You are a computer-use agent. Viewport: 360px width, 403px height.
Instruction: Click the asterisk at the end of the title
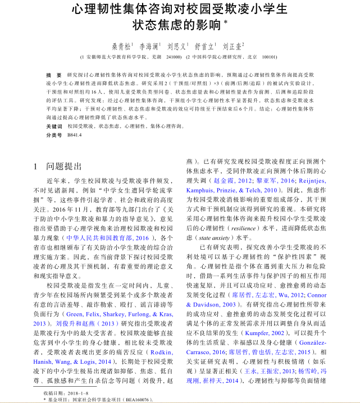pos(226,23)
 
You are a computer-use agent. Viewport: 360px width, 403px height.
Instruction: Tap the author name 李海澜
pos(149,47)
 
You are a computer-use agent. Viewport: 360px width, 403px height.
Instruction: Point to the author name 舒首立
pos(204,47)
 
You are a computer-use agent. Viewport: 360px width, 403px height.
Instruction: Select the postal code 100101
pos(270,57)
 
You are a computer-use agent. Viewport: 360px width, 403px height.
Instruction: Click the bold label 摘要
pos(53,74)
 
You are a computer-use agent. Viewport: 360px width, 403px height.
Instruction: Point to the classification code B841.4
pos(75,135)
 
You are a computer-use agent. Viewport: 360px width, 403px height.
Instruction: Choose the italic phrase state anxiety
pos(216,237)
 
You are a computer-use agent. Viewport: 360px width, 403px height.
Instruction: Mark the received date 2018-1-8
pos(77,393)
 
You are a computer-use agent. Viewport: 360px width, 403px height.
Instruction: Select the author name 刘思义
pos(176,47)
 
